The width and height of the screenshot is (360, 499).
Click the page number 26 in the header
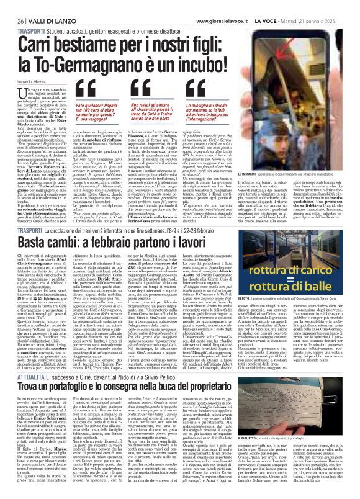12,6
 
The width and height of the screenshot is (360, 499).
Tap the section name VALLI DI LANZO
39,6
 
